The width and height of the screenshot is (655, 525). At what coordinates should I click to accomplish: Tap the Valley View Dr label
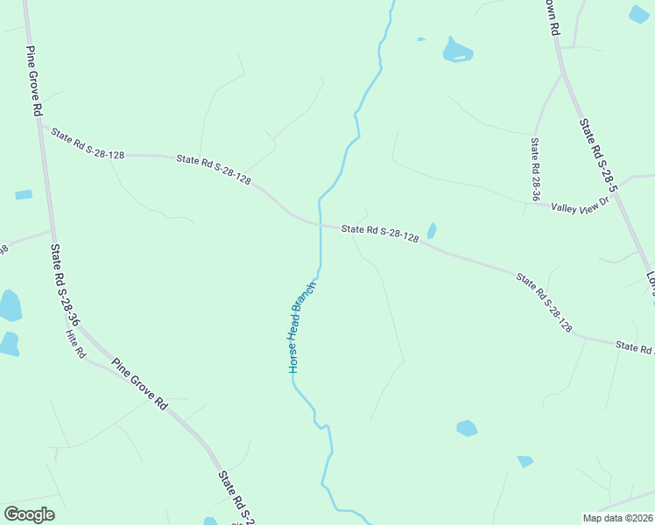(579, 207)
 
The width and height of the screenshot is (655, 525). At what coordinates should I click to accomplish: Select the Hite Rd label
(76, 343)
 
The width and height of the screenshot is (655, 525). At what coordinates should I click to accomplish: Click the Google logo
(29, 514)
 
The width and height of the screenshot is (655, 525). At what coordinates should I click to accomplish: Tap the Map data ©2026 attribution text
(618, 518)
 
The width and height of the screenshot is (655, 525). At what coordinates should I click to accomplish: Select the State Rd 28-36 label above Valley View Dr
(534, 168)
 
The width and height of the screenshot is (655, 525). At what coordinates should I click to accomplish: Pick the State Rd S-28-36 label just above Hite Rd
(64, 285)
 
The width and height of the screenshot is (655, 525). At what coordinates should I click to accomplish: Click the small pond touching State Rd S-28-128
(431, 231)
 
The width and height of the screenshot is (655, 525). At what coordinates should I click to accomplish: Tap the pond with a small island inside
(457, 50)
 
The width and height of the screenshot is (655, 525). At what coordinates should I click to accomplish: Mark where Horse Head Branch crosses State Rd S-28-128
(320, 226)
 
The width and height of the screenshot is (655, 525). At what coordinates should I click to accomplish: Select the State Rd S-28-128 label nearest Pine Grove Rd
(88, 143)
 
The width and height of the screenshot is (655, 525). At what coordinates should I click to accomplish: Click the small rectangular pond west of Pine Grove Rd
(24, 194)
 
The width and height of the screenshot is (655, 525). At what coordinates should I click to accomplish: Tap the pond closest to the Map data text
(525, 461)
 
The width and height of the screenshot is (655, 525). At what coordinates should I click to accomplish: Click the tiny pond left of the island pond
(421, 38)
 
